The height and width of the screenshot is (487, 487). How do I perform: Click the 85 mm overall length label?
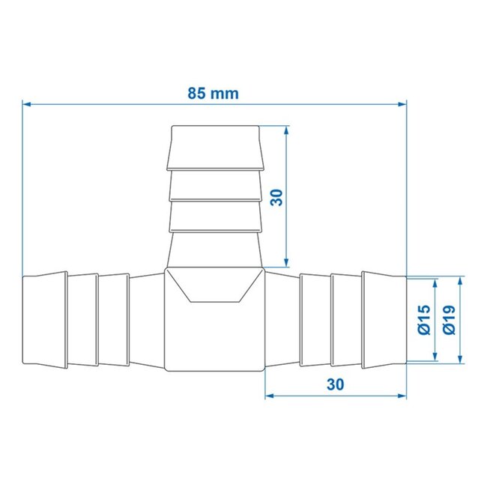(x=214, y=94)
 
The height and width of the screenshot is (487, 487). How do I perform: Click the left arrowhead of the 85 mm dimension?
(x=26, y=104)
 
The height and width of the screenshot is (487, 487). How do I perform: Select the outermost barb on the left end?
(x=45, y=321)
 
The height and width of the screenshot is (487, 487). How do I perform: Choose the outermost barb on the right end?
(x=384, y=321)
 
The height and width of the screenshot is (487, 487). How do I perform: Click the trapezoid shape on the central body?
(x=215, y=286)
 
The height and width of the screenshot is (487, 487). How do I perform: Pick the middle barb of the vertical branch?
(x=215, y=186)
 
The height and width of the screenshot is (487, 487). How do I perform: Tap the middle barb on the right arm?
(x=345, y=321)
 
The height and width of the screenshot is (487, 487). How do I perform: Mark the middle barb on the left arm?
(x=84, y=321)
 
